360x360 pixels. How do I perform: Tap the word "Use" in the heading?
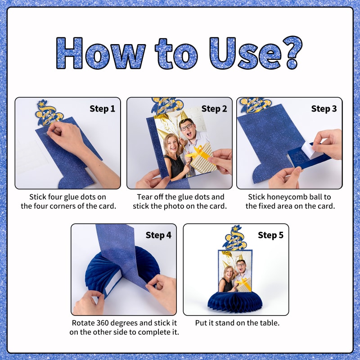(245, 53)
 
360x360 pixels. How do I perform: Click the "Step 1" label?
(102, 108)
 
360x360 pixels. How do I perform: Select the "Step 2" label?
(214, 108)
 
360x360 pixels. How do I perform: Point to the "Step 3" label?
(324, 108)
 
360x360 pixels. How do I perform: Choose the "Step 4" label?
(158, 235)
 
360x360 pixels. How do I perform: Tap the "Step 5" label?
(270, 235)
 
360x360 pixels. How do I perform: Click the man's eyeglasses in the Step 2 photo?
(187, 127)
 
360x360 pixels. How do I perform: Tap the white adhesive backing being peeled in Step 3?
(309, 150)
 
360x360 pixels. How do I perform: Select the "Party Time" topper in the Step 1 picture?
(49, 113)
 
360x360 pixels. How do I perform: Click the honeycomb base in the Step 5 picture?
(235, 302)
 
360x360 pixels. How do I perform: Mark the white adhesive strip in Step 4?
(112, 283)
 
